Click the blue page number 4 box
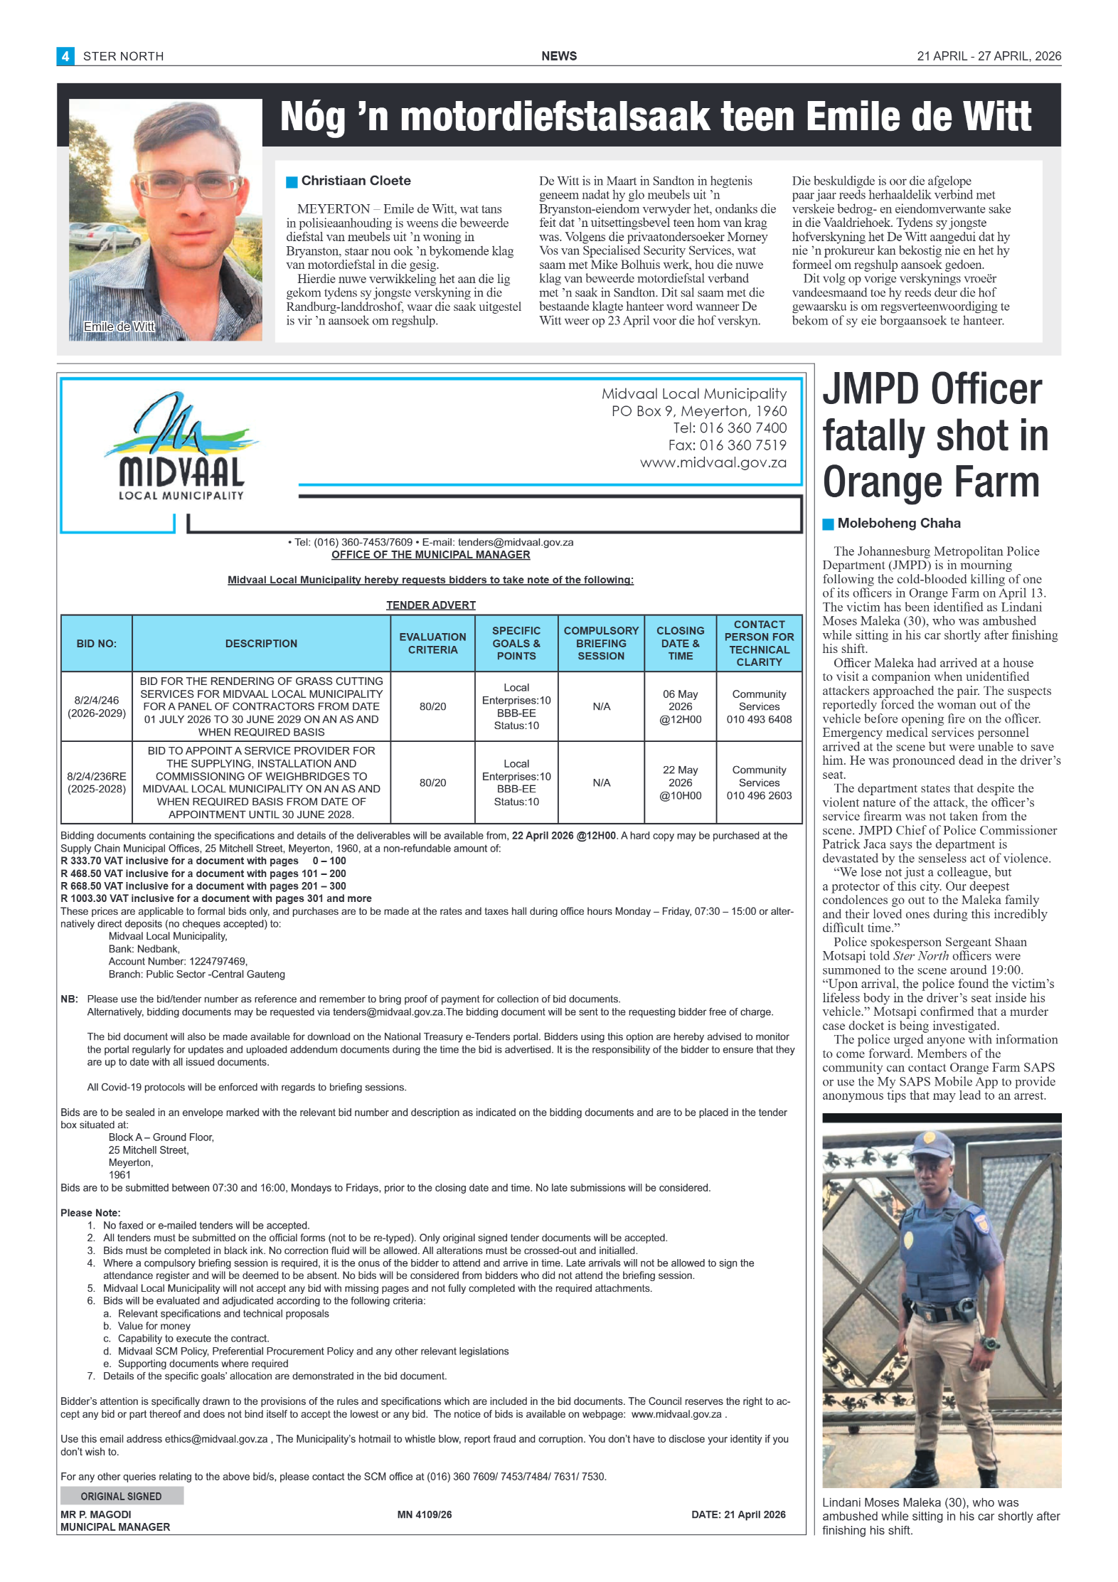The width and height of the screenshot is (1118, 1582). coord(65,56)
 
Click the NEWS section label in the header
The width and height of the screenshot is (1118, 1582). coord(559,56)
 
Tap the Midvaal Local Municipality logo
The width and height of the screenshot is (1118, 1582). coord(181,448)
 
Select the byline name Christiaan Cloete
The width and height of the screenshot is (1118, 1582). coord(356,181)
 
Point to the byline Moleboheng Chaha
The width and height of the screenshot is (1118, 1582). coord(898,524)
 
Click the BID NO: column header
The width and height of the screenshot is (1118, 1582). coord(97,644)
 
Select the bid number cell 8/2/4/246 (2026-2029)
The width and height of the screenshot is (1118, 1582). coord(97,707)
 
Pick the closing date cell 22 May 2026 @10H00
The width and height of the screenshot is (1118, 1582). coord(680,783)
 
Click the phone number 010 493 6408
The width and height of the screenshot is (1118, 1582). coord(759,720)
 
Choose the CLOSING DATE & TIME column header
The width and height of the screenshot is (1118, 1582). coord(680,644)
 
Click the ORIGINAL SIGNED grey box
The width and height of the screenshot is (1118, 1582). coord(122,1497)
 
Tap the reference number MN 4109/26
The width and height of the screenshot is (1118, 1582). coord(425,1515)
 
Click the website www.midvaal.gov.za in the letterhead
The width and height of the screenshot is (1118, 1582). coord(713,463)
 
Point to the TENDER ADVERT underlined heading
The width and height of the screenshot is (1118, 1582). coord(431,605)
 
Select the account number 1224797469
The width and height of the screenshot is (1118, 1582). coord(218,962)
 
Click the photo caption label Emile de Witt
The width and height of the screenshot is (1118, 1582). coord(119,327)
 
